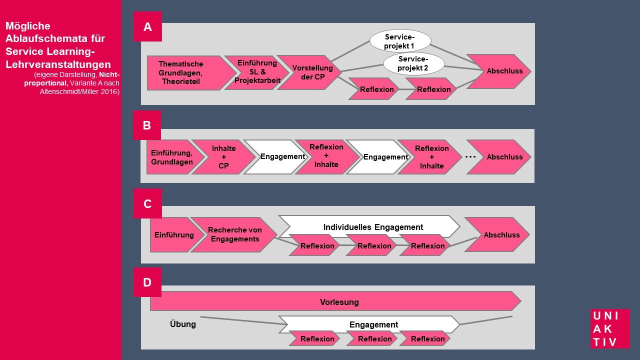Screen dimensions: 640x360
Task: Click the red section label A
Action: (x=147, y=26)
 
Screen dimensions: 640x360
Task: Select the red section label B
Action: (x=147, y=125)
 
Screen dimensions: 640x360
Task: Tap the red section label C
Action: (x=147, y=203)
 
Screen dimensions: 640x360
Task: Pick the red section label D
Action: (x=147, y=282)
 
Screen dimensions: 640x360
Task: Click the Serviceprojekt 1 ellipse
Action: (x=400, y=41)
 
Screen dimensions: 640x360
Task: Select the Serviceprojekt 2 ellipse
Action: (x=413, y=63)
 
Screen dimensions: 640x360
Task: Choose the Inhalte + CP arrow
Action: (x=223, y=157)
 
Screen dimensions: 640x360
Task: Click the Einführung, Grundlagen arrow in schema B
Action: (x=173, y=157)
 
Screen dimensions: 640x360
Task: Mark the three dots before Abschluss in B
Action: (x=470, y=157)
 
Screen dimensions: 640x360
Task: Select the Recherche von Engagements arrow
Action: (x=233, y=234)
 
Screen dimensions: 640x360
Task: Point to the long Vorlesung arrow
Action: (x=335, y=301)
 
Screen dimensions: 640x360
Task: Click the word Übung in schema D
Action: (x=183, y=324)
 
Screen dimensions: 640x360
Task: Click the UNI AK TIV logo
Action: (x=610, y=328)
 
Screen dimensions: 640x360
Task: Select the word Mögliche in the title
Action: (x=27, y=26)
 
